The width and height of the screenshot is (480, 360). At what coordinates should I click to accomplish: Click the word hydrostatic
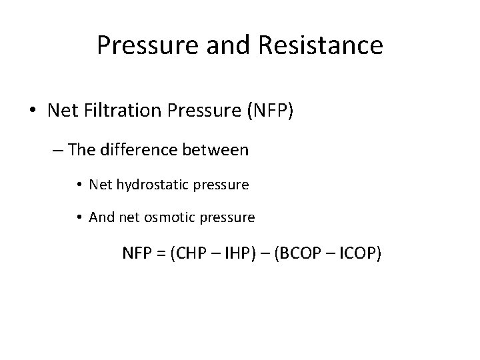pyautogui.click(x=153, y=185)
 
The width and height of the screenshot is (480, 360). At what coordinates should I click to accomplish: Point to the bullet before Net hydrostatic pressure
pyautogui.click(x=79, y=185)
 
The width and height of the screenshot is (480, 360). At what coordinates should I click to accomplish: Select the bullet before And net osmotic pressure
pyautogui.click(x=79, y=218)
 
